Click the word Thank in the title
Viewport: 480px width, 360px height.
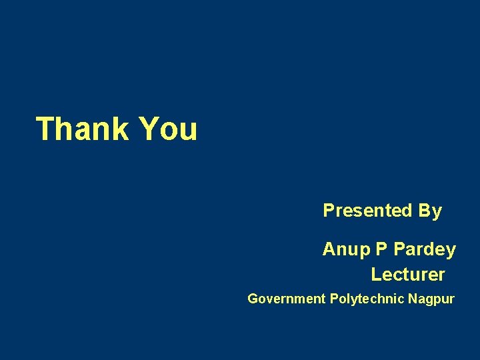click(x=82, y=129)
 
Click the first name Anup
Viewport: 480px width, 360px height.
click(x=346, y=250)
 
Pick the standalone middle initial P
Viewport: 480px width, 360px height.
click(x=381, y=249)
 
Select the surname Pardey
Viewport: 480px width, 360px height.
click(x=425, y=250)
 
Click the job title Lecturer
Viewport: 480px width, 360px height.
click(x=408, y=274)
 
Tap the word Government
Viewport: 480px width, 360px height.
click(x=286, y=299)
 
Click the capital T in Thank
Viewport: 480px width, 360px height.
click(x=45, y=129)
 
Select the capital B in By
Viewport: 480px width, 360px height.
click(x=425, y=211)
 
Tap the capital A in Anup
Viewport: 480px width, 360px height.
click(x=329, y=249)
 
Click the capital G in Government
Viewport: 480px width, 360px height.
click(x=253, y=299)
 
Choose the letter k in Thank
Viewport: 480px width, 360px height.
click(x=121, y=129)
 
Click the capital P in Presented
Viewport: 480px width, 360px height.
click(x=328, y=211)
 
